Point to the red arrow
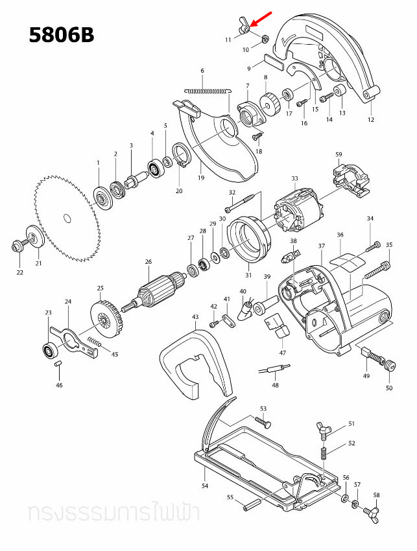tap(261, 19)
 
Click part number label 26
tap(148, 262)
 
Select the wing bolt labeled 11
tap(244, 27)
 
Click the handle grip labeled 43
tap(195, 363)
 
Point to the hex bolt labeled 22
tap(18, 246)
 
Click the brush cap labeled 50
tap(390, 367)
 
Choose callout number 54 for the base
tap(204, 485)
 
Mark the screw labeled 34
tap(371, 246)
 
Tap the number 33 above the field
tap(294, 179)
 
